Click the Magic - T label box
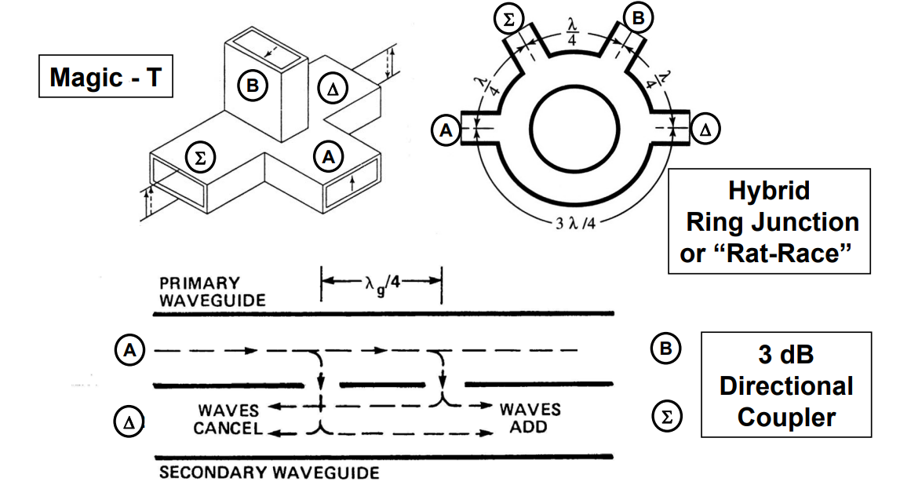105,78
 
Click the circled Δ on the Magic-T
331,89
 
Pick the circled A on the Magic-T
328,157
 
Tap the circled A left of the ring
446,130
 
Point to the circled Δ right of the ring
705,130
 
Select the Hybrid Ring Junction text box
769,221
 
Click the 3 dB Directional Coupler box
785,385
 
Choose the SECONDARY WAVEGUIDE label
269,473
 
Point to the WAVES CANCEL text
228,420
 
